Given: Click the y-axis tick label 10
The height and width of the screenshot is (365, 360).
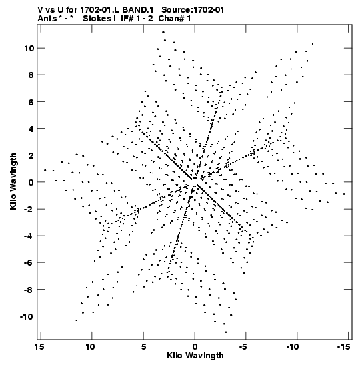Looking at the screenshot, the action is [x=29, y=49].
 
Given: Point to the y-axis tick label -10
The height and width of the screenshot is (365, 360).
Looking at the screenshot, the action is [x=27, y=316].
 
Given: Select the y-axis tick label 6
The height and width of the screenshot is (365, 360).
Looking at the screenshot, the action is [x=31, y=102].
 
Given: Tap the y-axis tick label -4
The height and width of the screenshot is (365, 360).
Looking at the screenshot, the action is [x=29, y=236].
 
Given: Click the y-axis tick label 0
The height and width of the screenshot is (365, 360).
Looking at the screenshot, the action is [x=31, y=182].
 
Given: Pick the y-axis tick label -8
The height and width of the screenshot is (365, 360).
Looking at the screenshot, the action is [x=29, y=290].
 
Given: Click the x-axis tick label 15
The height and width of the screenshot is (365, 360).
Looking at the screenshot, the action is [x=39, y=347].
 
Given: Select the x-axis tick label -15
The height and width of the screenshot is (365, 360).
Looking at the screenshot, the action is [x=344, y=347].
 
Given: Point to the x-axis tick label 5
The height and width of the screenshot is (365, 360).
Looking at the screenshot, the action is [x=144, y=347].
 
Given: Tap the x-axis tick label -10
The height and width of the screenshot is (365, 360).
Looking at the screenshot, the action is [x=293, y=347].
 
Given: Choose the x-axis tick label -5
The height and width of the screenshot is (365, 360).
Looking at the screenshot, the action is [x=243, y=347].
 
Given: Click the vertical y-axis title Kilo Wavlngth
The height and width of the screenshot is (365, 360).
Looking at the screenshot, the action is [x=13, y=181].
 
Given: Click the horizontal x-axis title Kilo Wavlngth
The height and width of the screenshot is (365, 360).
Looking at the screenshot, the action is [x=195, y=356].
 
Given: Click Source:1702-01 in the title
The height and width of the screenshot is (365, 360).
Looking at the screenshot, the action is [x=193, y=10].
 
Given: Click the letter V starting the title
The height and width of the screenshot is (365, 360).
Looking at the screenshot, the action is [x=40, y=10].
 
